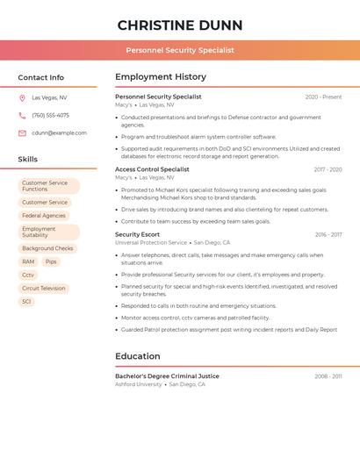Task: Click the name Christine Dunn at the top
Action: click(x=180, y=25)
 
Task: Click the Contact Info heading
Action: click(x=40, y=77)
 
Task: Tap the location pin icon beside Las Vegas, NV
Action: click(x=22, y=98)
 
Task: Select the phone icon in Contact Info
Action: click(x=22, y=116)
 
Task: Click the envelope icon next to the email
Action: click(x=22, y=133)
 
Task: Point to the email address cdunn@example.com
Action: click(x=59, y=133)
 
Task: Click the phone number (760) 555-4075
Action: click(x=50, y=116)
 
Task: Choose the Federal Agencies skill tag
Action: click(x=44, y=216)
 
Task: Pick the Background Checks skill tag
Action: click(x=47, y=248)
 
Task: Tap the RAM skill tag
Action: click(x=28, y=261)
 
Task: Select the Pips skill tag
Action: click(x=51, y=261)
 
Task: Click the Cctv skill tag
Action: click(x=28, y=275)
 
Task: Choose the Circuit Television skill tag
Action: click(x=44, y=288)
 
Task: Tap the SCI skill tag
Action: click(x=26, y=301)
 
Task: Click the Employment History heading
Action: click(x=160, y=77)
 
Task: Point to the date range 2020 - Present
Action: click(x=323, y=97)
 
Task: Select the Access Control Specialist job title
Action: click(x=152, y=169)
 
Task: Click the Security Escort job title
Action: click(x=137, y=234)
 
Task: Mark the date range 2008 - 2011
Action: click(x=328, y=376)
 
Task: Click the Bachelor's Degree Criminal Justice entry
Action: click(x=167, y=376)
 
